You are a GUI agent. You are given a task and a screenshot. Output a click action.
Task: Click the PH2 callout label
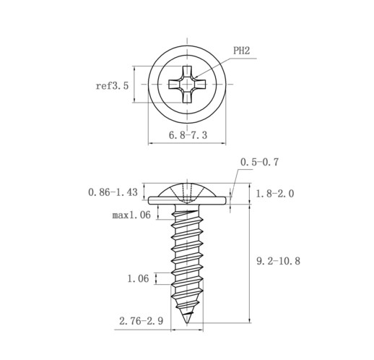242,51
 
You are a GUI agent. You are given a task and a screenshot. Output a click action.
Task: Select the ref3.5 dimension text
112,86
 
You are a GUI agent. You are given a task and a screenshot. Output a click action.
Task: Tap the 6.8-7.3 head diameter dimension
188,135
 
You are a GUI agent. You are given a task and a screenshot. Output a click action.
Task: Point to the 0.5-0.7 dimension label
259,162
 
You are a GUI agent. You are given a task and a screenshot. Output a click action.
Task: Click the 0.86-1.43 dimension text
113,192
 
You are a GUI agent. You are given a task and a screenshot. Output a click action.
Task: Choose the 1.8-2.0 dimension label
274,194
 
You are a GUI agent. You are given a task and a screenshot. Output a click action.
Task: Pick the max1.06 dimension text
131,215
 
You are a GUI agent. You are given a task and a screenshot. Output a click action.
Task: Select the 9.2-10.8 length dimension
278,261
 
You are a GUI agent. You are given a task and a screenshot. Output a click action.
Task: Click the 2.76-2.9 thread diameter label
142,321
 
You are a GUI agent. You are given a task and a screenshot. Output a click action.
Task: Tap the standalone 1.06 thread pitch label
138,279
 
